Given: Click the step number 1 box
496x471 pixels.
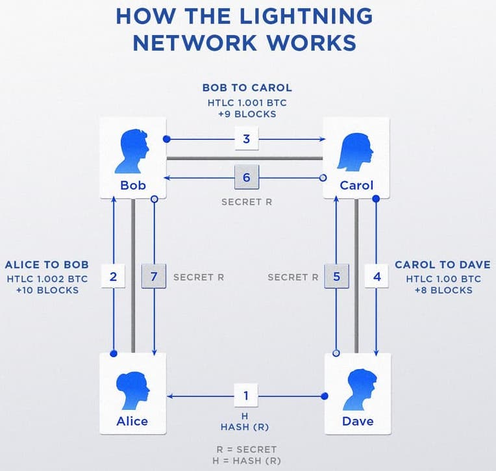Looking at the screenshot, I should (245, 395).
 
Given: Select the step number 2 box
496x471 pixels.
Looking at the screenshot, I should (114, 276).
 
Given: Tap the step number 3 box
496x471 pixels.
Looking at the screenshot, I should (247, 138).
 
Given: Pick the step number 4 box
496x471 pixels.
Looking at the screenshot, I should (378, 276).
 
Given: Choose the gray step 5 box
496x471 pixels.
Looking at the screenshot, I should (336, 276).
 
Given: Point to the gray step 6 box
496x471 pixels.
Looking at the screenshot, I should (247, 177).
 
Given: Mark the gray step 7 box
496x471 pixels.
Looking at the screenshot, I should (154, 276).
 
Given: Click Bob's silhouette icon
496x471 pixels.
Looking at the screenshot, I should (133, 150).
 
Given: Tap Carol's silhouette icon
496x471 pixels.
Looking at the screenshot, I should (356, 150).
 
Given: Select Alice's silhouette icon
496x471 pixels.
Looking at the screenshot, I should (132, 388).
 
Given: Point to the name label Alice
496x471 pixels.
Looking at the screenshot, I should (132, 421).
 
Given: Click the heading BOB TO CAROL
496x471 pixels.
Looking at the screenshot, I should (247, 88).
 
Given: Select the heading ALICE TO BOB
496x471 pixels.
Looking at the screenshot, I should (47, 265).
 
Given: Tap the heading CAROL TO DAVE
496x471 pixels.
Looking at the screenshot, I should (442, 265).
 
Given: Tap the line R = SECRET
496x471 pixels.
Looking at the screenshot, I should (247, 449).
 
